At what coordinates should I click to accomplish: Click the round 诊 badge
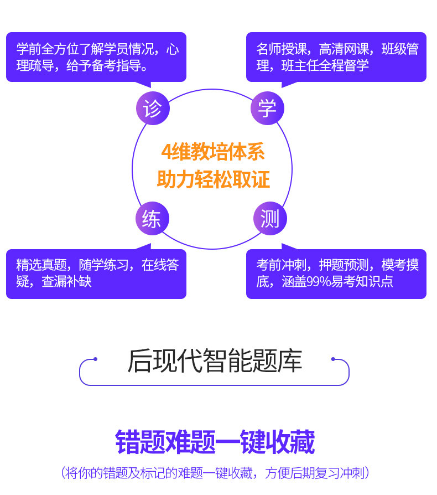tap(152, 109)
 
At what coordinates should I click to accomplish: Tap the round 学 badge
tap(267, 109)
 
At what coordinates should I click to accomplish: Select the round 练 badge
tap(152, 219)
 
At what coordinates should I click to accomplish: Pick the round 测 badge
tap(270, 219)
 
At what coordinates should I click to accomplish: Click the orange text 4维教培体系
tap(213, 152)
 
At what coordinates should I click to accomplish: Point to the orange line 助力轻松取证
tap(213, 179)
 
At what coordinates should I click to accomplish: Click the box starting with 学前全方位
tap(96, 57)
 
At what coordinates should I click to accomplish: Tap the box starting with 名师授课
tap(336, 57)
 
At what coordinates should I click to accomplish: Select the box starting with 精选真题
tap(96, 274)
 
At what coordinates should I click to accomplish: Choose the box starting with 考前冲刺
tap(336, 274)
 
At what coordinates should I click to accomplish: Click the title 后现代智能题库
tap(215, 360)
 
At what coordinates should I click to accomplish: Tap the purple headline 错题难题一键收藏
tap(215, 442)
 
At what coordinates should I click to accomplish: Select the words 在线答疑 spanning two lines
tap(160, 265)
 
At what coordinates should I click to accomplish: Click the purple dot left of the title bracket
tap(95, 359)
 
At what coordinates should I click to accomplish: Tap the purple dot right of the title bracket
tap(333, 359)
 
